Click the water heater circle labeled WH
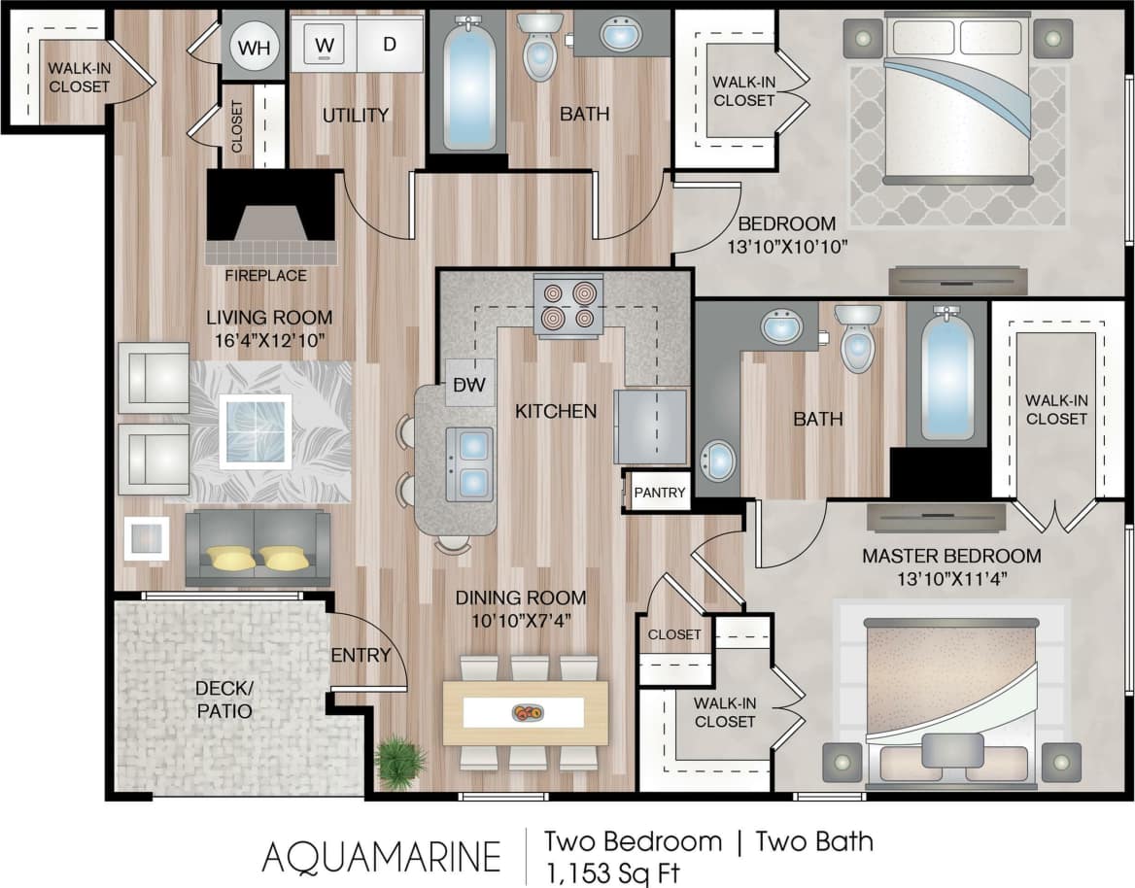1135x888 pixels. point(254,47)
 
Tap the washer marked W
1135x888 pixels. point(325,45)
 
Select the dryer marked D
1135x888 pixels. point(389,45)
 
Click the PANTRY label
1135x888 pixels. point(660,493)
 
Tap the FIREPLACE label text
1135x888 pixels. point(265,276)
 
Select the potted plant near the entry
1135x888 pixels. point(399,761)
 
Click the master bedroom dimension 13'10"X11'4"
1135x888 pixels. point(951,580)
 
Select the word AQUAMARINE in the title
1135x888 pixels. point(381,857)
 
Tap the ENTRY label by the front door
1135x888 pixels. point(361,655)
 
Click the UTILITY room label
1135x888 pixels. point(356,116)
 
